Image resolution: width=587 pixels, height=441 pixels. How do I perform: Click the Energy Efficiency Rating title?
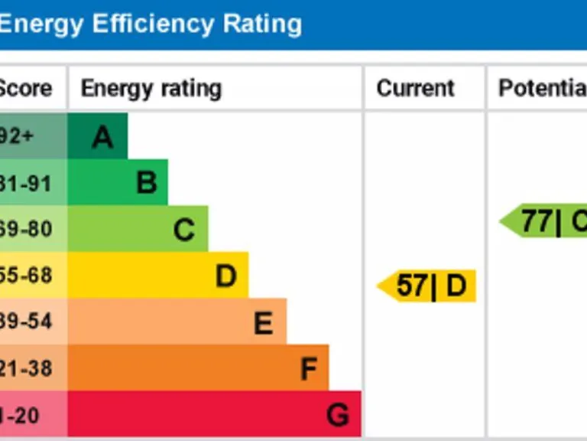point(150,24)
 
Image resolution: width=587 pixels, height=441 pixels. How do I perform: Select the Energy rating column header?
point(151,88)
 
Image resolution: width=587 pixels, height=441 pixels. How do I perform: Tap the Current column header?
point(415,88)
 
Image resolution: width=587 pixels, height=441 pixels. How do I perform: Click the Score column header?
point(26,88)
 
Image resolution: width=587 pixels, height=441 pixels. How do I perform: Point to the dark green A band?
point(98,137)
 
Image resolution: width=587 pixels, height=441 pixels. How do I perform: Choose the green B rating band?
point(118,183)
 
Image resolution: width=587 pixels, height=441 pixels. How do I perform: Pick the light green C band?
point(138,229)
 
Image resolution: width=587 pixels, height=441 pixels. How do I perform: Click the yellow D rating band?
point(158,276)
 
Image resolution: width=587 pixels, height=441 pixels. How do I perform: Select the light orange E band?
point(177,322)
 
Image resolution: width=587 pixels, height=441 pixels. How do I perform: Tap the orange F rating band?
point(199,368)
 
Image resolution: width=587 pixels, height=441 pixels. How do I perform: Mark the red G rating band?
point(215,414)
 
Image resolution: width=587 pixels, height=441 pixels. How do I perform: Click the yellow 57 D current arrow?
point(429,286)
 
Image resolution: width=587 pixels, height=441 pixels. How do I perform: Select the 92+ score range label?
point(17,137)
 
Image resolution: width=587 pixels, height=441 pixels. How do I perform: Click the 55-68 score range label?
point(26,276)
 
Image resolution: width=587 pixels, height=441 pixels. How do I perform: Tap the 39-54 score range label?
point(26,322)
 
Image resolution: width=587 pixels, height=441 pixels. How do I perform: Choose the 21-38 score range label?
point(26,368)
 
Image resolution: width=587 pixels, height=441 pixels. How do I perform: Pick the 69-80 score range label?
point(26,229)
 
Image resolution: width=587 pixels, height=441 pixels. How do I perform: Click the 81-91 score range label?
point(26,183)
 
